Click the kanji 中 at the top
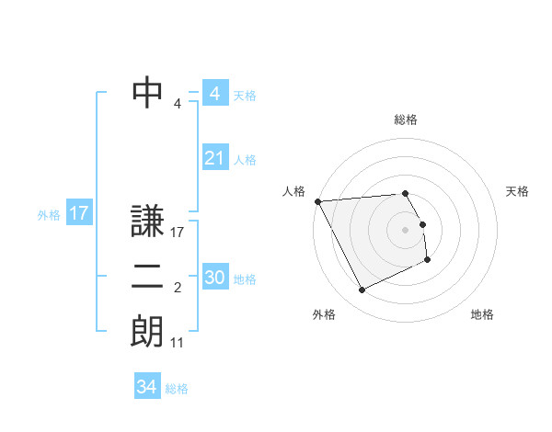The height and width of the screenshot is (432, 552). (147, 92)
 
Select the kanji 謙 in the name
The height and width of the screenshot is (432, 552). (147, 222)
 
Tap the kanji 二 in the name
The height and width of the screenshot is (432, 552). (147, 277)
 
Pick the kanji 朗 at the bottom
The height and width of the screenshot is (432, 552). (147, 332)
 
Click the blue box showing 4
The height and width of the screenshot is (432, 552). (214, 94)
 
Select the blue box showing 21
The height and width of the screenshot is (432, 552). (214, 158)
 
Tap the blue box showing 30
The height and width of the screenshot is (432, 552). (214, 278)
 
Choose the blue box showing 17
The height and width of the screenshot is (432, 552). (78, 213)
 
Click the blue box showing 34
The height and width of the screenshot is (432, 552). (146, 387)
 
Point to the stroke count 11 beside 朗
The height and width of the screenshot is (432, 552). (178, 343)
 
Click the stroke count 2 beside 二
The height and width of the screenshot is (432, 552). (177, 288)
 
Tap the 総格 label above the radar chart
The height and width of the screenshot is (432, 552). (406, 119)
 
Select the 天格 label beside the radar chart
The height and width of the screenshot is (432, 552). (517, 191)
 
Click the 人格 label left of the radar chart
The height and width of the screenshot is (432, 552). (293, 191)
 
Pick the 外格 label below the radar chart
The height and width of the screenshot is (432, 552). (324, 314)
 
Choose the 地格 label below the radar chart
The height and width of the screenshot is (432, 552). (482, 314)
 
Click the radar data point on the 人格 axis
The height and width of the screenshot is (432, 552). (318, 201)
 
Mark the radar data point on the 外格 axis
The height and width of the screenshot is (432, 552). (362, 290)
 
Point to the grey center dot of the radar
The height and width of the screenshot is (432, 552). (406, 230)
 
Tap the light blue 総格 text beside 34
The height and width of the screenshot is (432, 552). (177, 389)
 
